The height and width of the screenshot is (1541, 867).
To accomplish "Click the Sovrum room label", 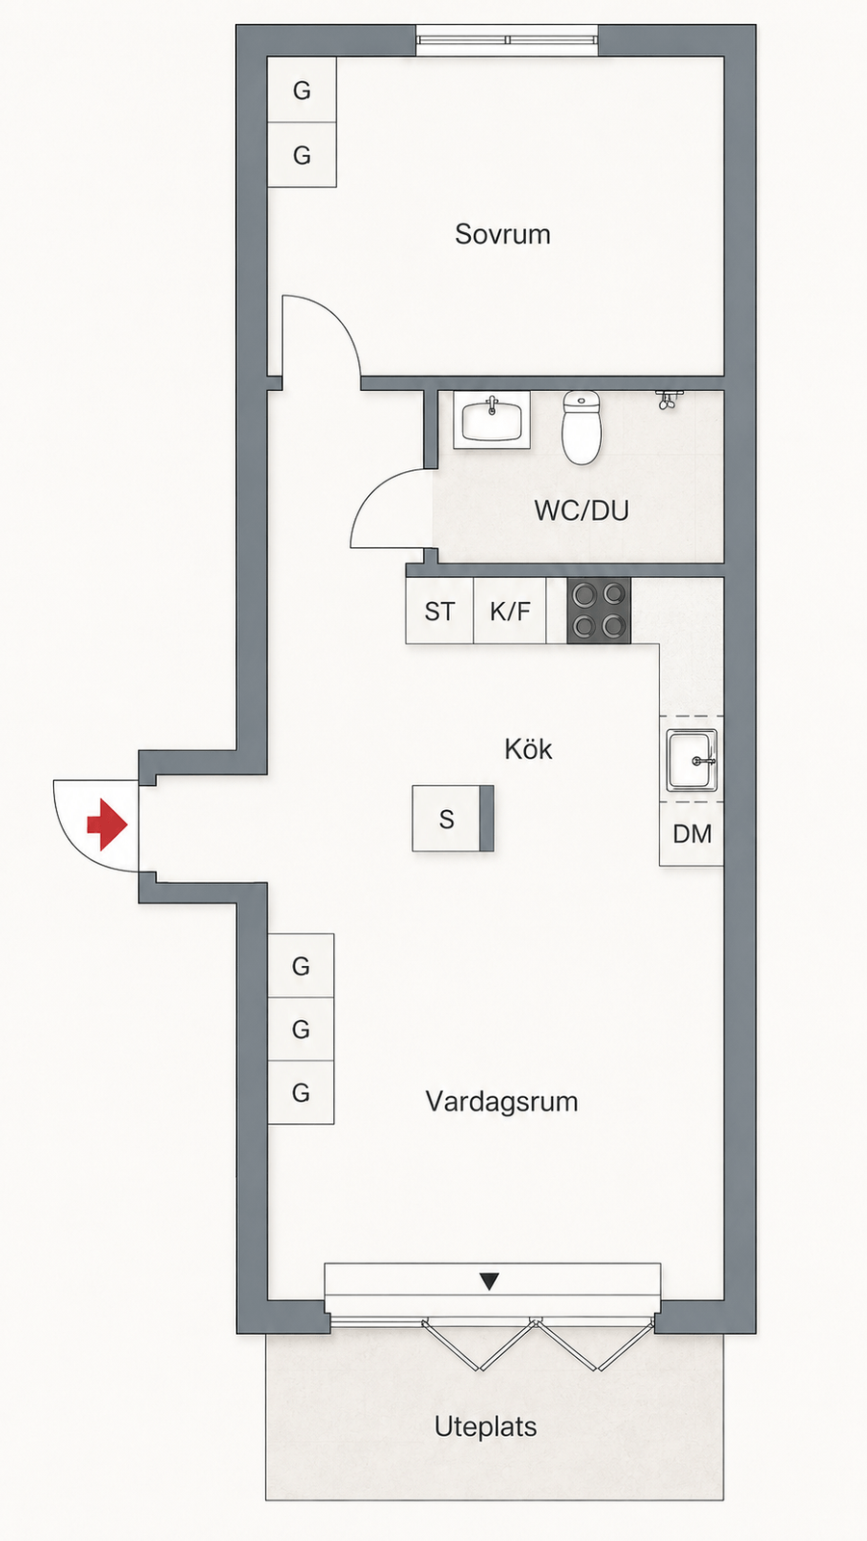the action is [x=502, y=235].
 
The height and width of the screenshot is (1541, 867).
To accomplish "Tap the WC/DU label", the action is [x=582, y=510].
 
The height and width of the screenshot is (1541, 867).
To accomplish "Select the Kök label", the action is [x=528, y=749].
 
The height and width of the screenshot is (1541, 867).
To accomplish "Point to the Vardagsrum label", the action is [x=502, y=1102].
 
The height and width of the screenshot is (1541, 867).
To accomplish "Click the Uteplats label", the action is [x=486, y=1426].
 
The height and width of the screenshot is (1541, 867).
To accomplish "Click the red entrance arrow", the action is [x=107, y=824].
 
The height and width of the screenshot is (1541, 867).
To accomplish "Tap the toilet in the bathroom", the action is [x=582, y=428].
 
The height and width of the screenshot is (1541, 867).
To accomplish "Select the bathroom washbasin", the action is [x=492, y=420].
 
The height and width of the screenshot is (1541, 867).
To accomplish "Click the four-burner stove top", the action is [x=598, y=611].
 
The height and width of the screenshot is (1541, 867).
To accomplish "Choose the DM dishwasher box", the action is [x=692, y=834].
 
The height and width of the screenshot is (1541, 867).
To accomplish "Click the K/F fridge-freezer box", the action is [x=510, y=611].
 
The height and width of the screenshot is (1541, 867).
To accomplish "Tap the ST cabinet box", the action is [x=439, y=611].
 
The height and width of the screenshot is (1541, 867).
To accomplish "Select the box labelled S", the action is [x=453, y=819].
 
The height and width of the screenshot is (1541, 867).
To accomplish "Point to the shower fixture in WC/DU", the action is [x=667, y=399].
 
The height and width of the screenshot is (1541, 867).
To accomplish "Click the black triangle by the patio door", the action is [x=489, y=1282].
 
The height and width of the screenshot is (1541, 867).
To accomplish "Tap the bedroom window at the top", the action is [x=507, y=39].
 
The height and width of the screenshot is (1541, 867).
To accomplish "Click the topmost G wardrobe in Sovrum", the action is [x=302, y=91].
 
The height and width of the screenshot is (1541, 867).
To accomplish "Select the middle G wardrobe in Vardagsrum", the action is [x=301, y=1030].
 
